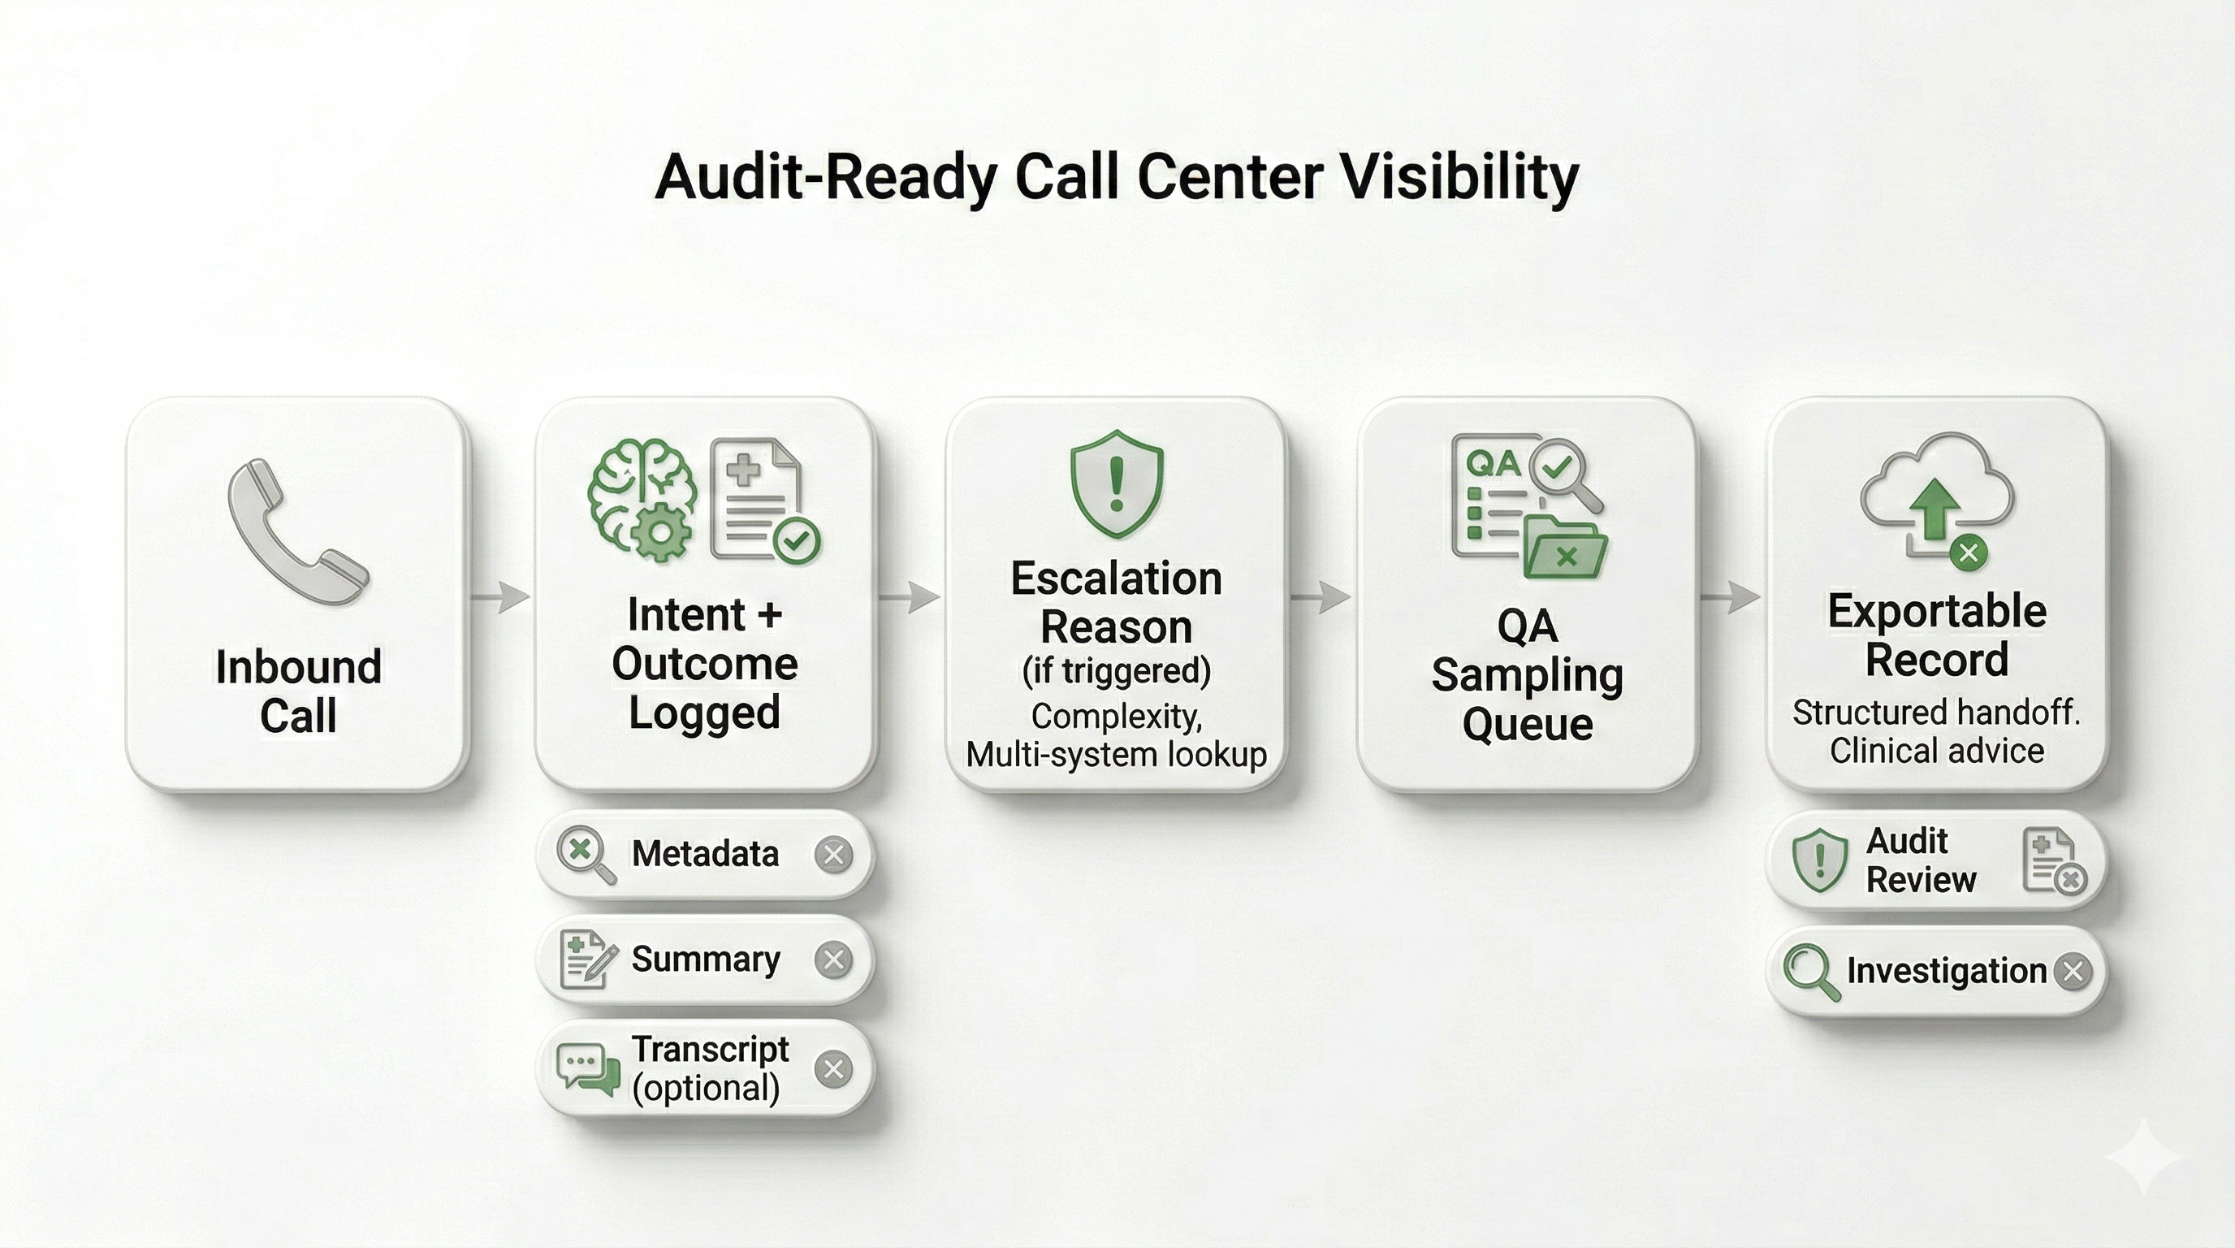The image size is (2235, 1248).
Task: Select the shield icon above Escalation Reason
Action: pos(1116,483)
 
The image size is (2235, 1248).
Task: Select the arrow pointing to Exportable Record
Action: pos(1731,596)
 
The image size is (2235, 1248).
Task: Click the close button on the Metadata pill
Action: pos(834,854)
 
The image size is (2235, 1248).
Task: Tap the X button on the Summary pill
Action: pos(834,960)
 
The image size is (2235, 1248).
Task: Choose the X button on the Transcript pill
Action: pos(834,1068)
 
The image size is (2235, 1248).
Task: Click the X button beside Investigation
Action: pos(2073,971)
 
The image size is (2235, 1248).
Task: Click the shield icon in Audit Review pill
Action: pos(1818,860)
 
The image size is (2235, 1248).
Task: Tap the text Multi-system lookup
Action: pos(1116,754)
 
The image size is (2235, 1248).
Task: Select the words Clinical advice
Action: pos(1936,751)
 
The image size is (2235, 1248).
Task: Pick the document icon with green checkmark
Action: pos(761,500)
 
